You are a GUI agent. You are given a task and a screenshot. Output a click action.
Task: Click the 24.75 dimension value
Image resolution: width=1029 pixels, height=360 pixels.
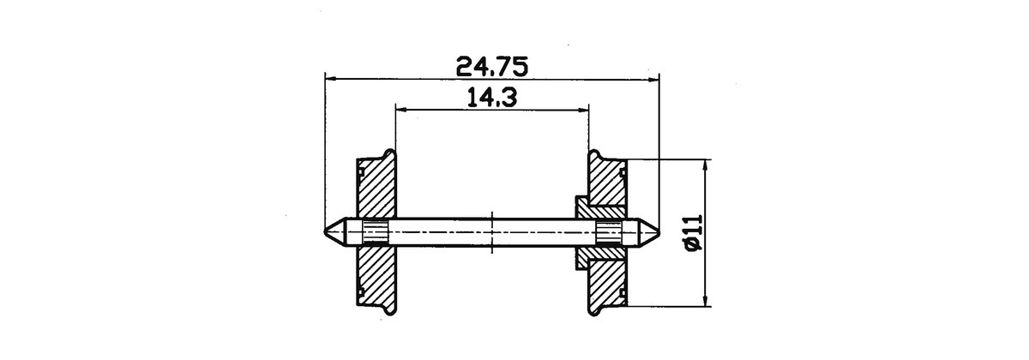(x=492, y=67)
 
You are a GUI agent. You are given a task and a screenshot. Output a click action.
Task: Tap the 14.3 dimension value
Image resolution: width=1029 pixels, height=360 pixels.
(x=492, y=98)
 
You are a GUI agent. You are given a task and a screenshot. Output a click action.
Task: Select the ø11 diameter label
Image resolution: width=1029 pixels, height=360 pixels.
(x=694, y=233)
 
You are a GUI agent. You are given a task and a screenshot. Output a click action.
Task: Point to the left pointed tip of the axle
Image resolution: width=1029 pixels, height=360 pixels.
(x=325, y=232)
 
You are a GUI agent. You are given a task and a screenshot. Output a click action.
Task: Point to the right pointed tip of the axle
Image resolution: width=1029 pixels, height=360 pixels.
(x=659, y=232)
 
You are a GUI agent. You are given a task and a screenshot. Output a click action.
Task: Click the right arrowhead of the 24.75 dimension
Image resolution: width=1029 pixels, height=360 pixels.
(x=653, y=80)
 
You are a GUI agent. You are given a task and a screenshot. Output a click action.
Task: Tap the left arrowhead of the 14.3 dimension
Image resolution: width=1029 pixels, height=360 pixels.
(x=402, y=110)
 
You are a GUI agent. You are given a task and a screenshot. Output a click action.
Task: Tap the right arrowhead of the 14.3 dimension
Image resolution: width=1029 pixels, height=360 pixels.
(x=582, y=110)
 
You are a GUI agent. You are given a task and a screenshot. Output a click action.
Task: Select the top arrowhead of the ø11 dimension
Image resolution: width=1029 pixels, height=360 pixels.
(x=706, y=166)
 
